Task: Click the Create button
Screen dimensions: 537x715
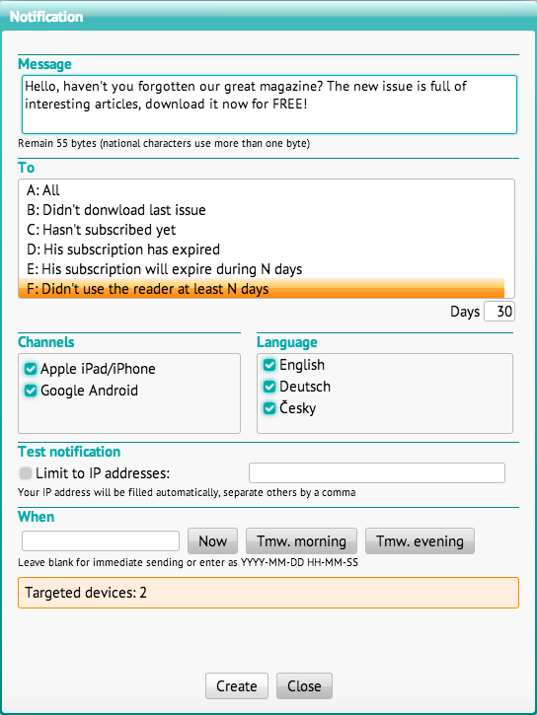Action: click(237, 685)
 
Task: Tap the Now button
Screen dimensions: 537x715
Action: click(212, 540)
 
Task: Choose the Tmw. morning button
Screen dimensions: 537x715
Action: click(302, 540)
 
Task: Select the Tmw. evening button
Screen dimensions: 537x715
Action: click(420, 540)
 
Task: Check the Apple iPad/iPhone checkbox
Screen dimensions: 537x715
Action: click(31, 369)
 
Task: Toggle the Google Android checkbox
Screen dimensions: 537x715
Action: click(31, 391)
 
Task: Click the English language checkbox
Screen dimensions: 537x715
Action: click(269, 365)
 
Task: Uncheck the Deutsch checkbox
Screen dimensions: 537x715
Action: click(269, 387)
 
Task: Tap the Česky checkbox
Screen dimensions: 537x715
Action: click(269, 408)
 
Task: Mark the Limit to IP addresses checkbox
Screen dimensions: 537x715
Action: click(26, 473)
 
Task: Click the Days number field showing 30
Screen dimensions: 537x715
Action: click(499, 312)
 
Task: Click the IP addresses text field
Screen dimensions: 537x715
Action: click(377, 472)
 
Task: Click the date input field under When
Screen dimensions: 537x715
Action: click(101, 540)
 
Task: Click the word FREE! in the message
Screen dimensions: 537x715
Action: click(290, 104)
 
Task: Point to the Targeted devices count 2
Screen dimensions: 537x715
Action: click(143, 593)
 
